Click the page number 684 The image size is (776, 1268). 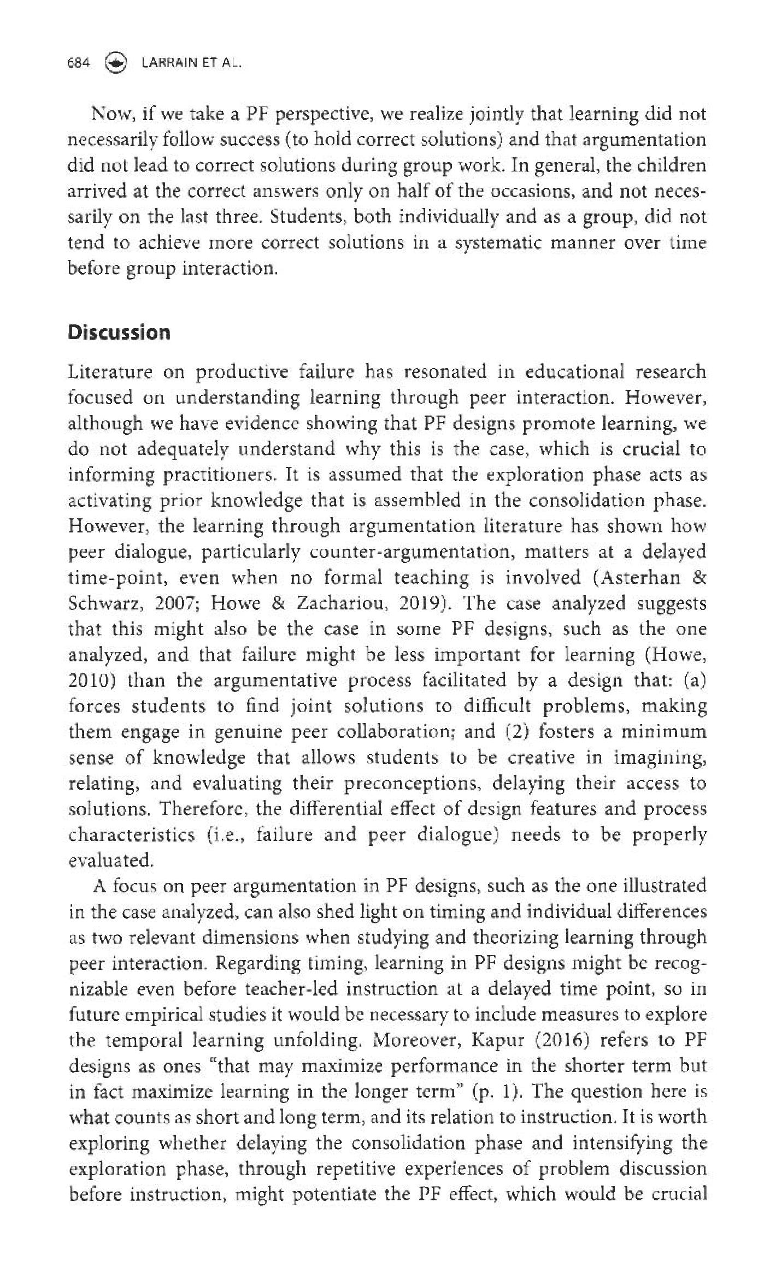[x=78, y=63]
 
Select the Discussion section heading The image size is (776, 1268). [x=119, y=333]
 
